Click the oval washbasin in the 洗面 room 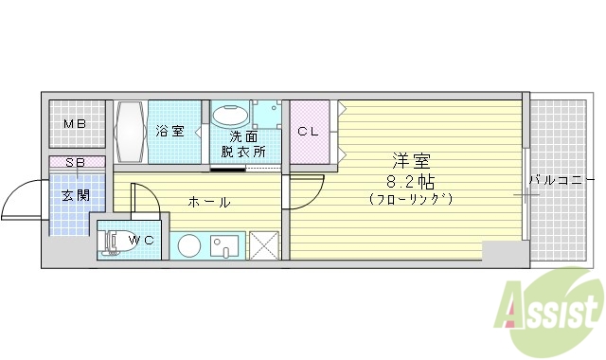click(x=229, y=117)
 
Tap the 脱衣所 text click(x=243, y=151)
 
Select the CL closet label click(x=309, y=132)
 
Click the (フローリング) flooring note click(x=412, y=199)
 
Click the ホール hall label click(x=209, y=202)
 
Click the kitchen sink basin click(x=227, y=244)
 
